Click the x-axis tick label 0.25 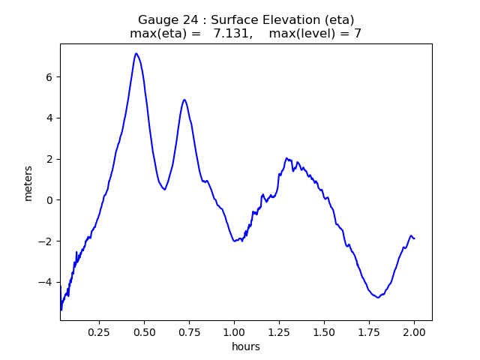(x=99, y=331)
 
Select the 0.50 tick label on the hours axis (x=144, y=331)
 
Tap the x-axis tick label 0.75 (x=189, y=331)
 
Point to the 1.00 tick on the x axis (x=234, y=331)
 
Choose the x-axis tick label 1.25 (x=279, y=331)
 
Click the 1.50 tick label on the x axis (x=324, y=331)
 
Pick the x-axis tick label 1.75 (x=369, y=331)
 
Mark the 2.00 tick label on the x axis (x=414, y=331)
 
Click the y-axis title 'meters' (x=28, y=183)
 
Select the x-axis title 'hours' (x=246, y=346)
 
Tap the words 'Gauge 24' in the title (x=163, y=19)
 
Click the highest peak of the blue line (x=136, y=53)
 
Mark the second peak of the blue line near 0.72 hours (x=184, y=100)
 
